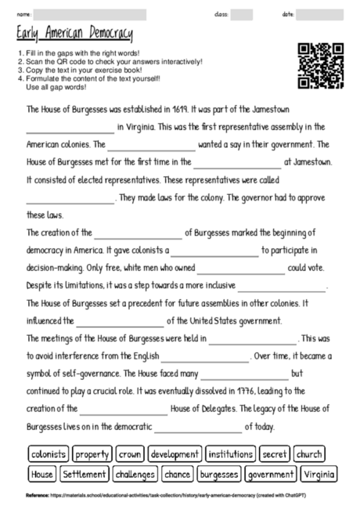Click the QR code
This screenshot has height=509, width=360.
point(321,66)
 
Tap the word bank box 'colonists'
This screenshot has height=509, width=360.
point(49,454)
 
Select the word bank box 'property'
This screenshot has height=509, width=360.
point(92,454)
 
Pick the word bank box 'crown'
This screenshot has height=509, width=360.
point(130,454)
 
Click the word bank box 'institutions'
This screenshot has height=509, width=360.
point(231,454)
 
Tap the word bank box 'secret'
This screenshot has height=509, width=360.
point(275,454)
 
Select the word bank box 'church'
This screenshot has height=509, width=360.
point(309,454)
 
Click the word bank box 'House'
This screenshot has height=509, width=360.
point(41,474)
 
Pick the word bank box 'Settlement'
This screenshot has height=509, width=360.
point(84,474)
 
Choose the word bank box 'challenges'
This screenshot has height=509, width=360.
point(135,474)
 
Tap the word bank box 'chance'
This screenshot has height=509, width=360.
point(178,474)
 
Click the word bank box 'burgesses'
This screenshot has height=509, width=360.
point(218,474)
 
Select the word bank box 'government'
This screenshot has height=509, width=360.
point(270,474)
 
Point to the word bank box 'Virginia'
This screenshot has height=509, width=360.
point(319,474)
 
